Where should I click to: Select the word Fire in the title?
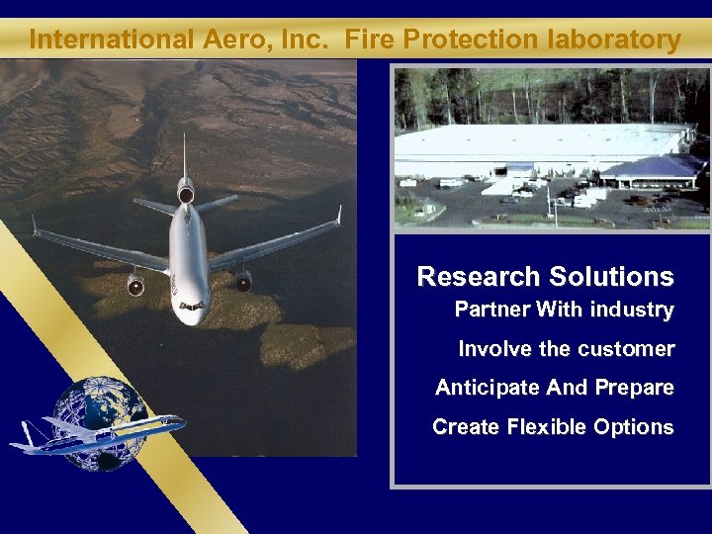[x=373, y=41]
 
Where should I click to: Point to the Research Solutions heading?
[x=545, y=277]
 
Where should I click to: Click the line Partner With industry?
[x=564, y=311]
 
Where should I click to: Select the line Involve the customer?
[x=566, y=349]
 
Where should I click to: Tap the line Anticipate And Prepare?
[x=554, y=388]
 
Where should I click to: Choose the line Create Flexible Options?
[x=553, y=427]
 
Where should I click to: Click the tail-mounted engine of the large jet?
[x=185, y=192]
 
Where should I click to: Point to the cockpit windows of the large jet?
[x=192, y=306]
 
